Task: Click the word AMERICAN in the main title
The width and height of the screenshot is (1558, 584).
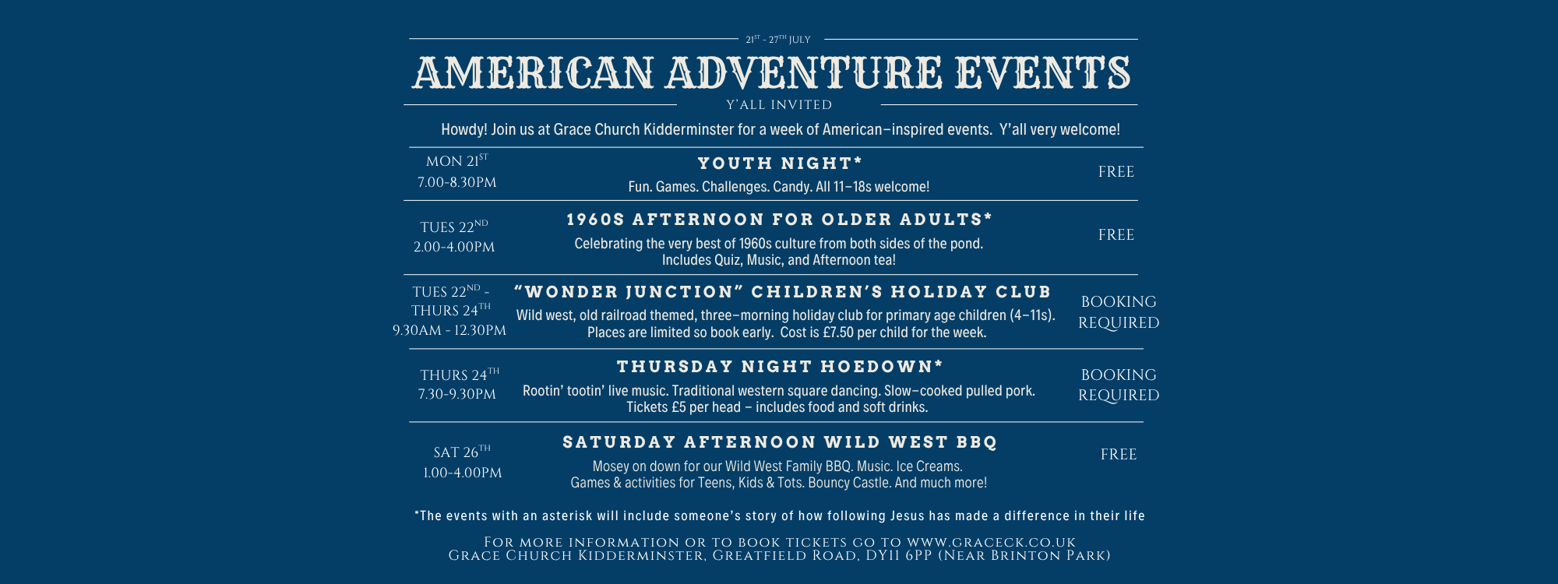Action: coord(534,72)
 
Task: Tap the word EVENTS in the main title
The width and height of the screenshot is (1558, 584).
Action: coord(1043,72)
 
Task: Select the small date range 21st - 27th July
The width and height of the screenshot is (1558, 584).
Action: coord(778,39)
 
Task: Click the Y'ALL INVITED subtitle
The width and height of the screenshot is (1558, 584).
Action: coord(779,104)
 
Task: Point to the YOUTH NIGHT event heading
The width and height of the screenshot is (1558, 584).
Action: coord(780,163)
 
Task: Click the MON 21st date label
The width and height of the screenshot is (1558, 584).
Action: coord(456,160)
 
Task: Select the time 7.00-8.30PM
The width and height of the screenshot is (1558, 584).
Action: coord(456,182)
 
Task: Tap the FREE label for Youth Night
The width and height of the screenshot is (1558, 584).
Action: coord(1116,171)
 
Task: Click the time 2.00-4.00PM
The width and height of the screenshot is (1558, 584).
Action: coord(454,247)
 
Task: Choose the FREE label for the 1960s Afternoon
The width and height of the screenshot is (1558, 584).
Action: coord(1116,234)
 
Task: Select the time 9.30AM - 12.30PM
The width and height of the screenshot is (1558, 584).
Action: coord(449,330)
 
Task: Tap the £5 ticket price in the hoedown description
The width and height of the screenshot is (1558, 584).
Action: coord(679,407)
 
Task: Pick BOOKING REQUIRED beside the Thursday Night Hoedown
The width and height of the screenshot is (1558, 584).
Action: coord(1119,385)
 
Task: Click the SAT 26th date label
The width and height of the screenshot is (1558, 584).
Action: coord(462,452)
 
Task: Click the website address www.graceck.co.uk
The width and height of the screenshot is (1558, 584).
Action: coord(991,542)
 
